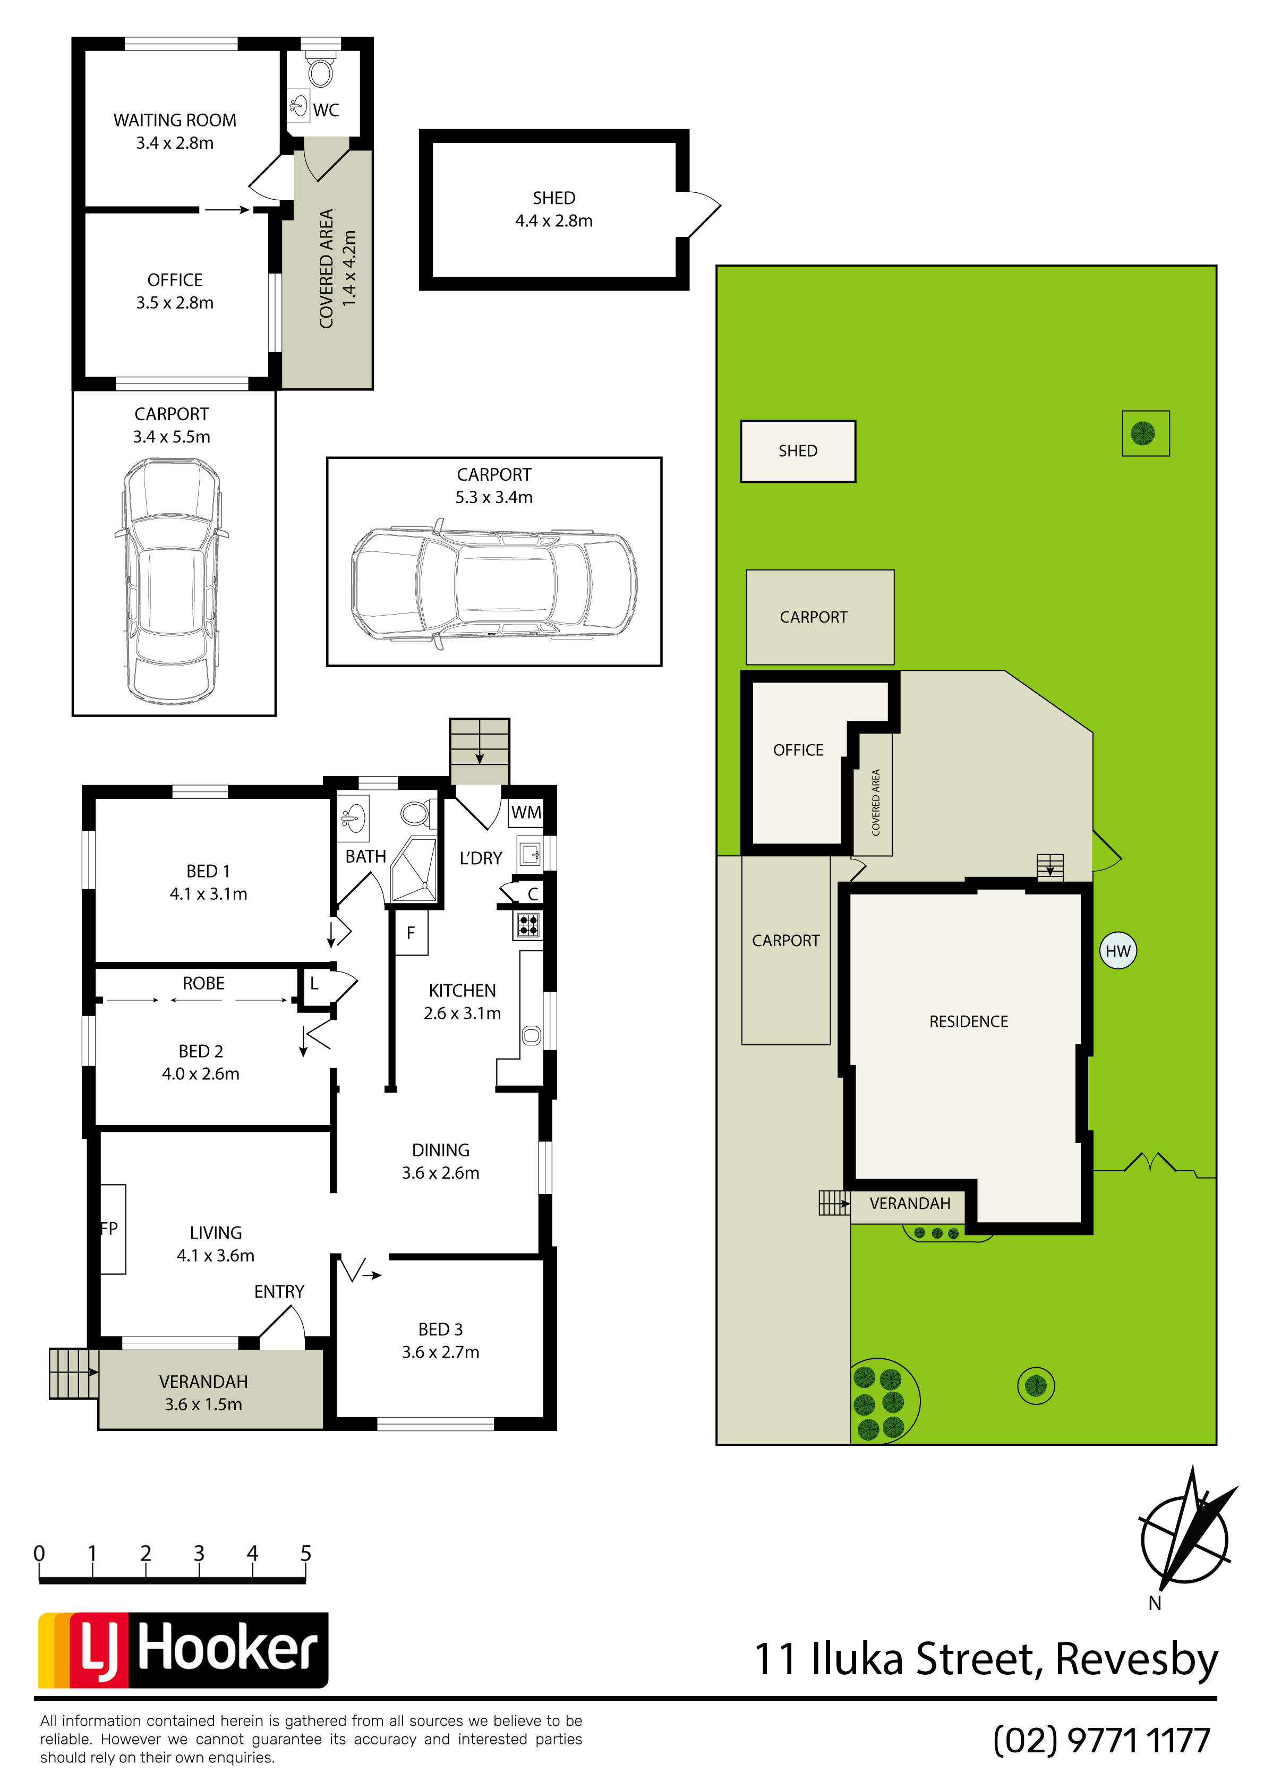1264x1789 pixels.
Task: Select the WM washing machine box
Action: point(526,812)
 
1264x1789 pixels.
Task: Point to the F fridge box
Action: point(412,933)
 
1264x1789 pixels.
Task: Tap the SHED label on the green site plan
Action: point(798,451)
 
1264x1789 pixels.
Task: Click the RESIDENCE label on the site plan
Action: point(969,1021)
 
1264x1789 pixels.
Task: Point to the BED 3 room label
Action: point(440,1330)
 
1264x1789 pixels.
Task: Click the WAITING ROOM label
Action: point(175,120)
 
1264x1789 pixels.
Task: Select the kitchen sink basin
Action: point(532,1036)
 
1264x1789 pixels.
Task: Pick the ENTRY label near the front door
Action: point(279,1292)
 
